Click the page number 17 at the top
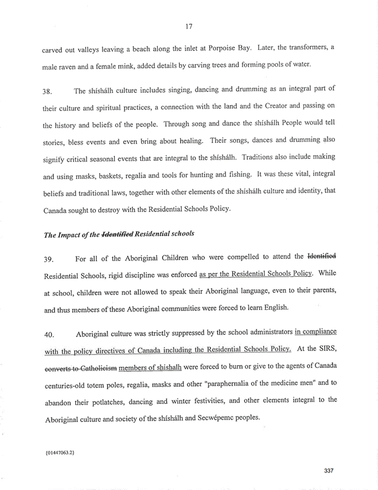click(x=189, y=25)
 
